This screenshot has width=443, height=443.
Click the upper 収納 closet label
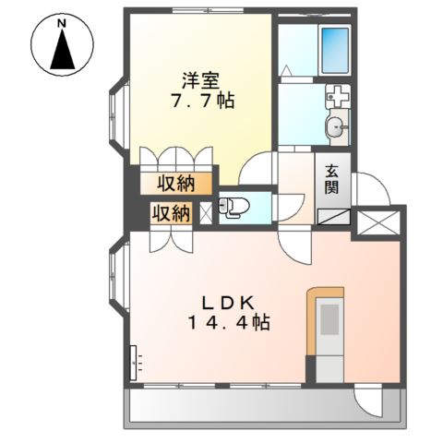pos(174,181)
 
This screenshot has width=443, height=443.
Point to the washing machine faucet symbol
pos(336,94)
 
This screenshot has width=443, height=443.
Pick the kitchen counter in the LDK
pos(327,332)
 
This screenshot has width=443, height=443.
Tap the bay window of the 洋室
pos(119,120)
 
